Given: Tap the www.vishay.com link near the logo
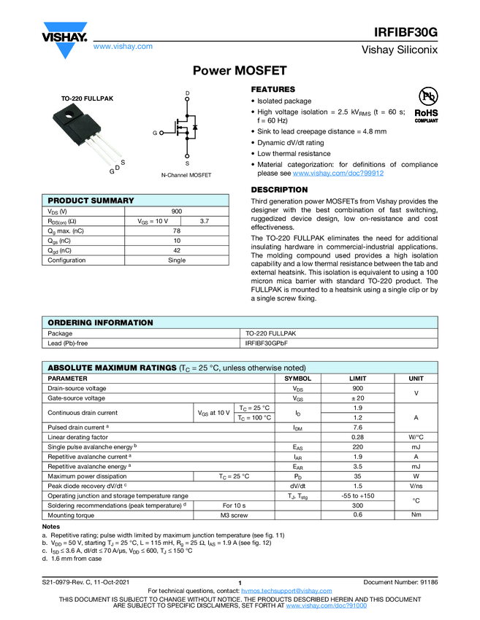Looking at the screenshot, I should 123,46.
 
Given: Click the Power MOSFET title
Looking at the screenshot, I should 240,71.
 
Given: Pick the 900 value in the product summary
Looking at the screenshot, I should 177,211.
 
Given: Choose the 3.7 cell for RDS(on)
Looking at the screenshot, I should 205,220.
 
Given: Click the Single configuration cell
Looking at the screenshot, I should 177,260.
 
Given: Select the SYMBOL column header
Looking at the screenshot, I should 297,379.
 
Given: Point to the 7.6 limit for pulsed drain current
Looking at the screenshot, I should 358,427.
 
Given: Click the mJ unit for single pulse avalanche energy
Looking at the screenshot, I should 416,446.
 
